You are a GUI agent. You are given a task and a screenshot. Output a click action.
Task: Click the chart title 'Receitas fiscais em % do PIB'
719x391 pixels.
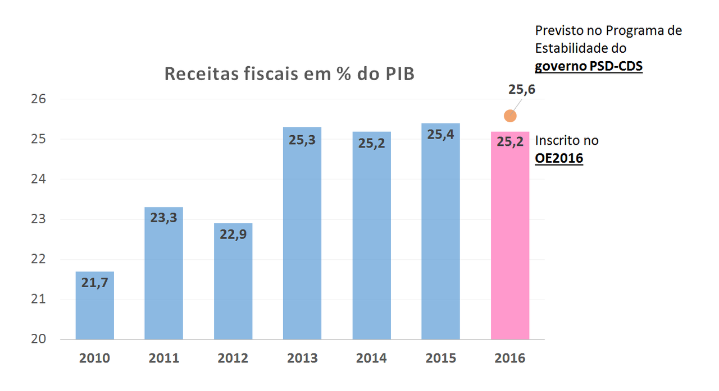pyautogui.click(x=289, y=74)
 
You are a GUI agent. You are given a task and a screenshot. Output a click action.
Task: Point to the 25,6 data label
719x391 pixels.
pyautogui.click(x=522, y=89)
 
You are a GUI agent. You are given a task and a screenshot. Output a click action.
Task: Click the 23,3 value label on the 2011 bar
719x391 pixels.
pyautogui.click(x=163, y=218)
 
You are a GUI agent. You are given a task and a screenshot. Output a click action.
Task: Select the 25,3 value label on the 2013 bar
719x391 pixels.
pyautogui.click(x=302, y=140)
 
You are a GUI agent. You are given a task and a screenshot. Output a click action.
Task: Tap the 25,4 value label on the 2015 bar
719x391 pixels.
pyautogui.click(x=441, y=135)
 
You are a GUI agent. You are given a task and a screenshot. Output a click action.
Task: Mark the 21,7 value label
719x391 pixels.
pyautogui.click(x=94, y=283)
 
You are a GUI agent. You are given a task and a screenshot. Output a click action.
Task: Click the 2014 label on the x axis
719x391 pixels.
pyautogui.click(x=371, y=358)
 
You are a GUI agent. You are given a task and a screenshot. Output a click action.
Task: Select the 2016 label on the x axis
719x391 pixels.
pyautogui.click(x=510, y=358)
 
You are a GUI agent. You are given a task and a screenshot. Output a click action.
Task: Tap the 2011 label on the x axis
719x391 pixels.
pyautogui.click(x=163, y=358)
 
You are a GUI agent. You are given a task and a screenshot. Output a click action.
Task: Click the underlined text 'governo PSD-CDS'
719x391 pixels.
pyautogui.click(x=588, y=67)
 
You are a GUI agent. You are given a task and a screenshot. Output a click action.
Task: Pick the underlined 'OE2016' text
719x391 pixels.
pyautogui.click(x=559, y=159)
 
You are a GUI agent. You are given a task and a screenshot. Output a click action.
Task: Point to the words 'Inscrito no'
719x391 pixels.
pyautogui.click(x=567, y=140)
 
